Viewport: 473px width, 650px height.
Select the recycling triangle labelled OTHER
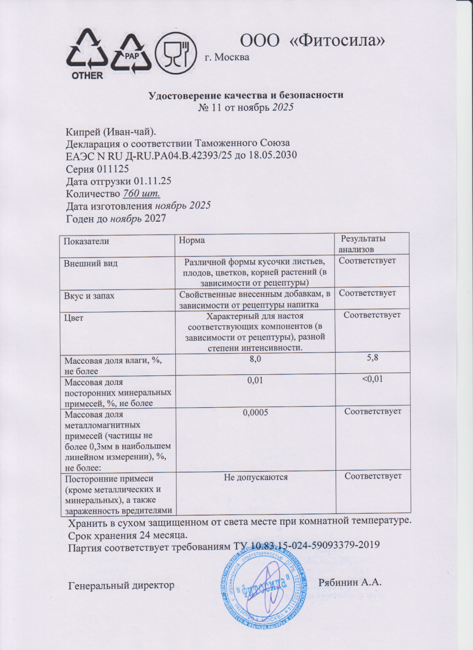(87, 55)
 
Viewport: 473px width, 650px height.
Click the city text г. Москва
(227, 57)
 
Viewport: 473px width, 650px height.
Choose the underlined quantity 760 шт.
(141, 194)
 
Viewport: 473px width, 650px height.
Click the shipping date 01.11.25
(154, 182)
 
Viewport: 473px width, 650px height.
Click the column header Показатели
(86, 241)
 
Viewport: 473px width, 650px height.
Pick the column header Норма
(192, 240)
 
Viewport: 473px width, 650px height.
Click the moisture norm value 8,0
(255, 361)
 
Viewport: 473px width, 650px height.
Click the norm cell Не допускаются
(255, 477)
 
